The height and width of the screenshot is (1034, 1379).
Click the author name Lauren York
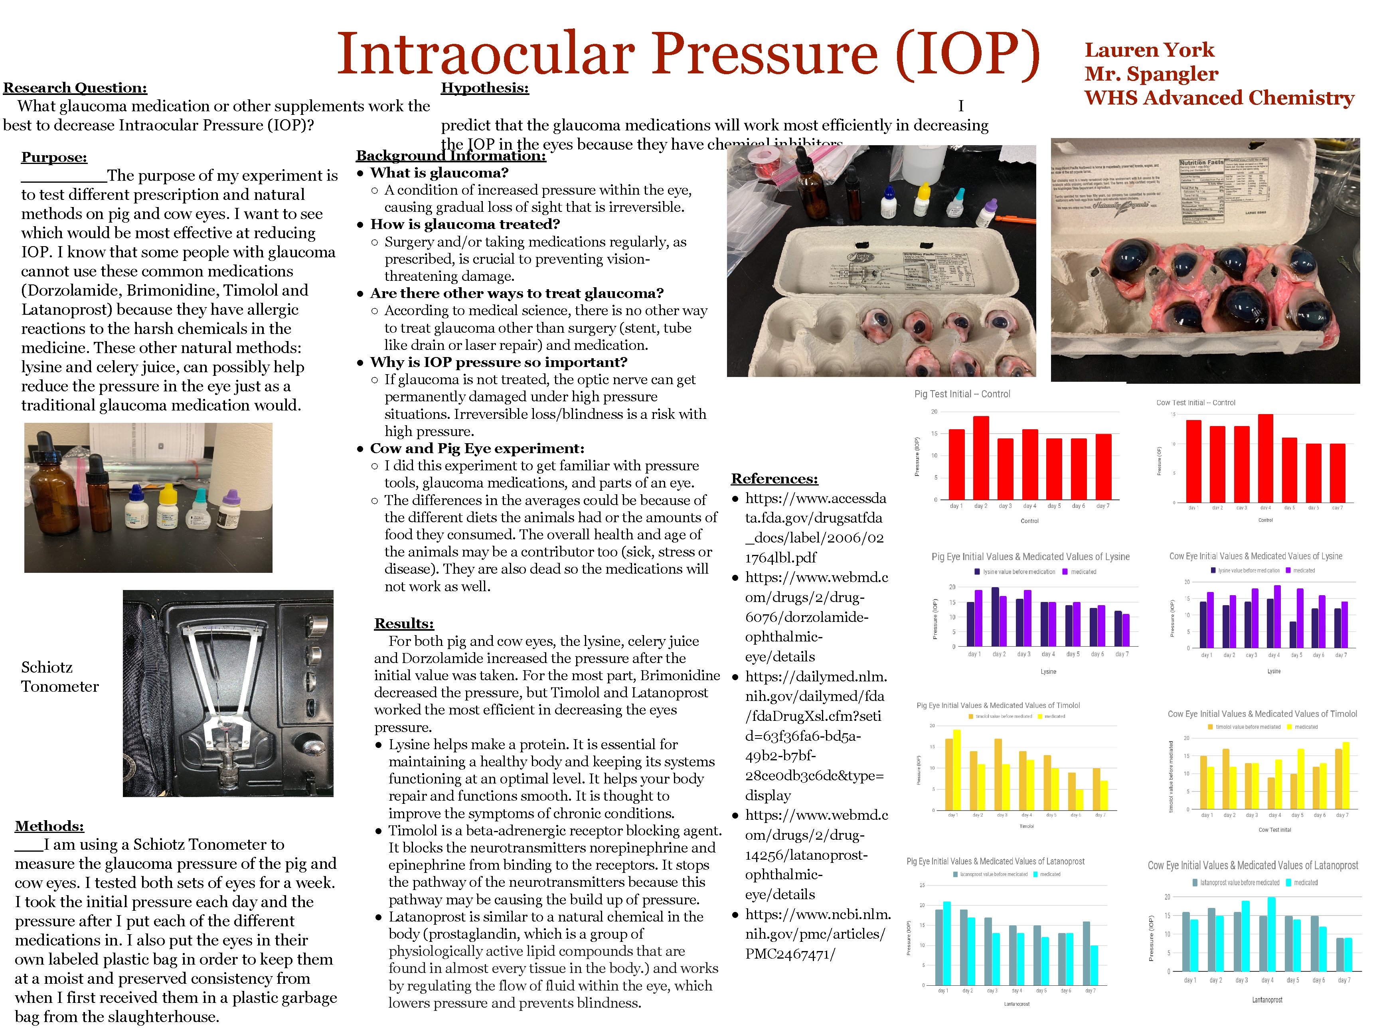pos(1149,50)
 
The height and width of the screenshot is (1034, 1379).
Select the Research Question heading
pos(75,88)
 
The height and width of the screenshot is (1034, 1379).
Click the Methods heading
pos(49,826)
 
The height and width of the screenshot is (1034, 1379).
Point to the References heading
pos(774,479)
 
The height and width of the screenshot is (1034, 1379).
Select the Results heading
pos(403,623)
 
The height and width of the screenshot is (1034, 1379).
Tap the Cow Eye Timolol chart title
pos(1262,714)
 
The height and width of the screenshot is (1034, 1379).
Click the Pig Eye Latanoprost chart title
pos(995,861)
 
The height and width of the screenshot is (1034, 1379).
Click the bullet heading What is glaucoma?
pos(439,173)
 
